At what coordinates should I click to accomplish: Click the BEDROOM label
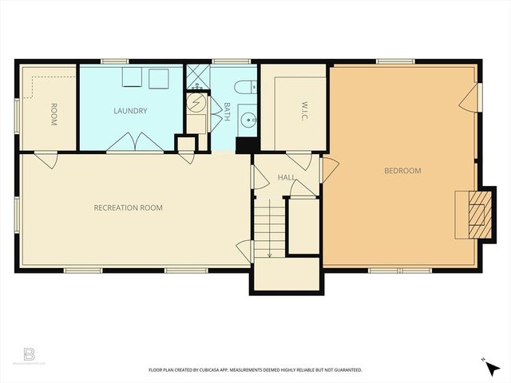(x=402, y=171)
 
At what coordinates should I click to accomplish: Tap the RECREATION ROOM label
(x=128, y=208)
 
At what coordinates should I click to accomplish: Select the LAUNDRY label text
(x=130, y=111)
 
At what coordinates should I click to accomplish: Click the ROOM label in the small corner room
(x=53, y=115)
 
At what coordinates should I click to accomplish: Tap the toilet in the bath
(x=244, y=87)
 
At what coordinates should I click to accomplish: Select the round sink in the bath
(x=248, y=122)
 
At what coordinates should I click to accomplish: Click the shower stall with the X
(x=196, y=78)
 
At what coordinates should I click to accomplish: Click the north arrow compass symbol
(x=491, y=368)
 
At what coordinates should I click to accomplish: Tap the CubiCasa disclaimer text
(x=255, y=370)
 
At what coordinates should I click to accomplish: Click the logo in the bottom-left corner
(x=30, y=353)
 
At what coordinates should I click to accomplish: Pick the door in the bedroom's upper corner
(x=470, y=99)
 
